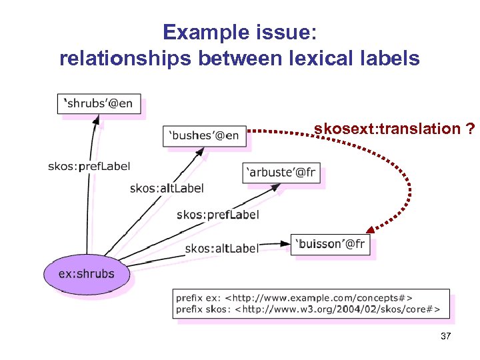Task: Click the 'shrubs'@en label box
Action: click(99, 104)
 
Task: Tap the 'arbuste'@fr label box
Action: click(281, 173)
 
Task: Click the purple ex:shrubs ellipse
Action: click(86, 274)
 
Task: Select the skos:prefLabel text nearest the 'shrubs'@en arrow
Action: click(89, 166)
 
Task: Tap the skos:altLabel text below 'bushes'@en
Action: click(167, 189)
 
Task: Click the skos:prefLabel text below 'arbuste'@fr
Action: click(217, 215)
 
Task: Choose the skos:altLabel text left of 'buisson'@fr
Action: click(221, 248)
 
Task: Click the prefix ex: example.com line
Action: click(294, 298)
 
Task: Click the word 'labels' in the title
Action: click(389, 59)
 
